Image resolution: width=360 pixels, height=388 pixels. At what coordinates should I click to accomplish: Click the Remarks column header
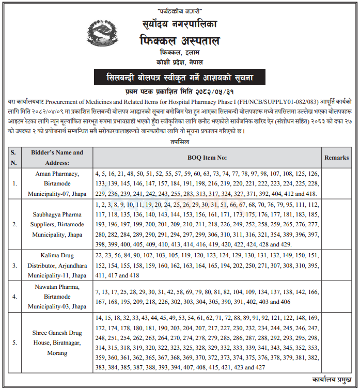point(336,157)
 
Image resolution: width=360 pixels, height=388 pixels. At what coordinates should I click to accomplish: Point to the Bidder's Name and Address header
point(57,157)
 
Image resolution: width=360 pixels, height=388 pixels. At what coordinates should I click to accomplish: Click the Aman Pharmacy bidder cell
point(57,183)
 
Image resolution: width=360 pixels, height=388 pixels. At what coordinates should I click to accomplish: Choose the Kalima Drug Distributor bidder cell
point(57,266)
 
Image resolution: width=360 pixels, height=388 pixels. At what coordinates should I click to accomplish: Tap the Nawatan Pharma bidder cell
point(57,297)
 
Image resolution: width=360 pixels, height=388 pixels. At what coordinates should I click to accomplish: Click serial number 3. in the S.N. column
point(14,266)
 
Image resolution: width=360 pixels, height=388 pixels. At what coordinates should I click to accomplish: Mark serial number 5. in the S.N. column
point(14,342)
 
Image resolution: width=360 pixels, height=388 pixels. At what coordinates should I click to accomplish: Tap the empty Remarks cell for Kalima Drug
point(336,266)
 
